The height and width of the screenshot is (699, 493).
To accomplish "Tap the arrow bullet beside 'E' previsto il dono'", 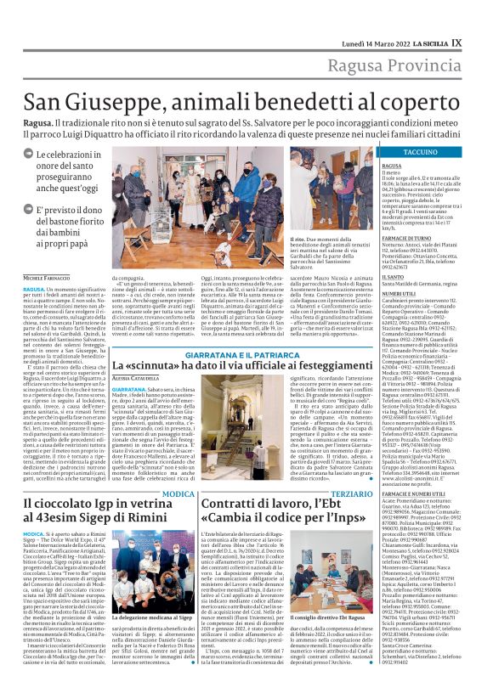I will click(x=28, y=208).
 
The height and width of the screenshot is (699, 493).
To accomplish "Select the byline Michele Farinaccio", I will click(x=48, y=277).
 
